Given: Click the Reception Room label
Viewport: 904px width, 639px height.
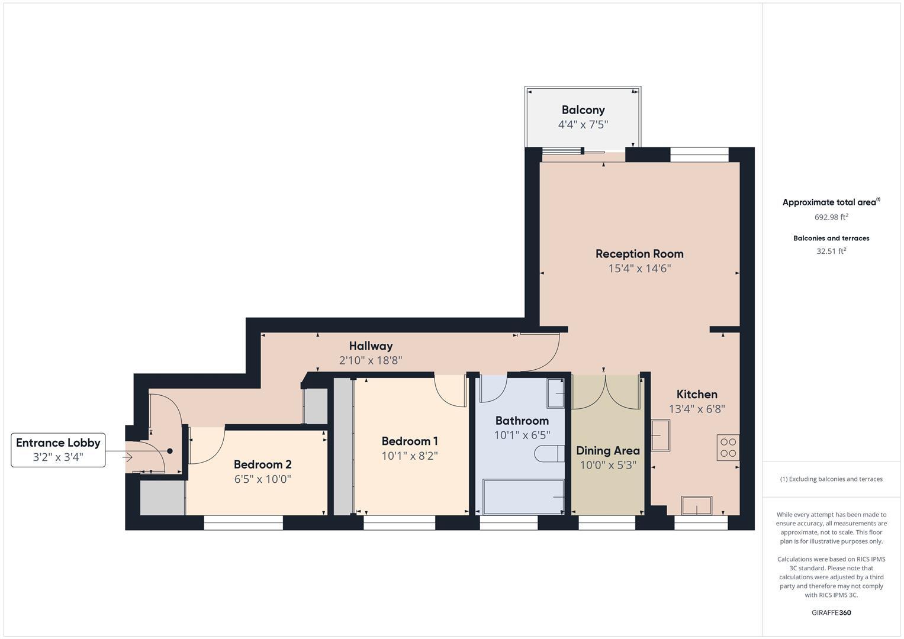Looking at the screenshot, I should pos(639,254).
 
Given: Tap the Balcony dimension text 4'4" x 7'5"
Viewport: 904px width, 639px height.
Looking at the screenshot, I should pos(583,125).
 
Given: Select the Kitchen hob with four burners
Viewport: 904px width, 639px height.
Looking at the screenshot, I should pos(728,447).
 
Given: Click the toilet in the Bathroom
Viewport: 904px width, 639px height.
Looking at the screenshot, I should pos(549,454).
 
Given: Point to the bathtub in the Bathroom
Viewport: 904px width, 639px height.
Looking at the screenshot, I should pos(523,497).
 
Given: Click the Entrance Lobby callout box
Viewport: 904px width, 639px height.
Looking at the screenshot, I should pos(58,450).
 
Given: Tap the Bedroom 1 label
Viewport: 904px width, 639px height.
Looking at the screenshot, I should pos(410,441).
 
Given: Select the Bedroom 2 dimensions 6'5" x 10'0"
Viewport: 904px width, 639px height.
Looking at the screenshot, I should pos(262,479).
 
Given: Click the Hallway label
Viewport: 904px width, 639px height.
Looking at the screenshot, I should pos(371,346).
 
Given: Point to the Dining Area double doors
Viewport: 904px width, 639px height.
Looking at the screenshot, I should pos(606,392).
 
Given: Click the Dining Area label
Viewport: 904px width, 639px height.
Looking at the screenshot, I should pos(607,451).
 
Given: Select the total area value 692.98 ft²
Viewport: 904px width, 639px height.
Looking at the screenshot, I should pos(831,217).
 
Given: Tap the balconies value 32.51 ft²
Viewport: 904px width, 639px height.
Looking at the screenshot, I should pos(831,251).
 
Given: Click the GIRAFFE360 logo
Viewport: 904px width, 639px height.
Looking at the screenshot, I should pos(831,612).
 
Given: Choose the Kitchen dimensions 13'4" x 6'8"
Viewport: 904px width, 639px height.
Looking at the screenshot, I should pos(697,409).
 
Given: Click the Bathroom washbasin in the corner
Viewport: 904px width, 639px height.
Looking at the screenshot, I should pos(555,393).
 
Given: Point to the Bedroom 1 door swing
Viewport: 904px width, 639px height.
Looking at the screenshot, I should pos(449,391).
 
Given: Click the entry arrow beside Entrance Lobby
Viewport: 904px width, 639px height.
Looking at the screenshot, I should pos(127,457).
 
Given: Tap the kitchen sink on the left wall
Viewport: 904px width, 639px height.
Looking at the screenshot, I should pos(660,435).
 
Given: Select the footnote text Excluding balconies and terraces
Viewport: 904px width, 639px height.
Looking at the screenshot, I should pos(831,479).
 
